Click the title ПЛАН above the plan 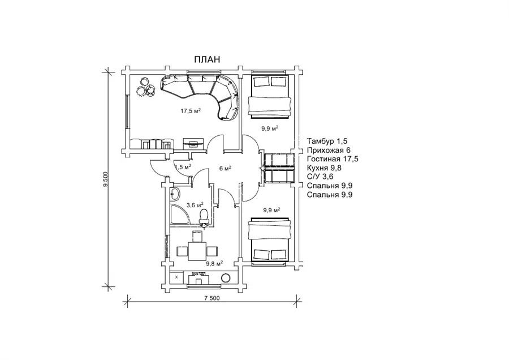tap(207, 59)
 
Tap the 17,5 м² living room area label tap(191, 111)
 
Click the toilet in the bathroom tap(204, 216)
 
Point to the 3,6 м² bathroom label tap(195, 205)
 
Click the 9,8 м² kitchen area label tap(214, 264)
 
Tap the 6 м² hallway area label tap(225, 168)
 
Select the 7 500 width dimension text tap(212, 298)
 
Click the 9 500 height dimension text tap(105, 179)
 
